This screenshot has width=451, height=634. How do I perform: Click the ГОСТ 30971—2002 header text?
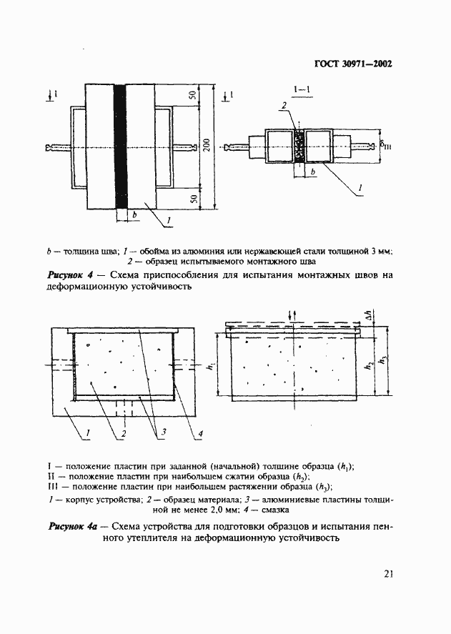(354, 63)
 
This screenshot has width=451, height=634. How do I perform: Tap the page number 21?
(387, 573)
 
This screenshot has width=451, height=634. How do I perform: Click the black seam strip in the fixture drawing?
(119, 147)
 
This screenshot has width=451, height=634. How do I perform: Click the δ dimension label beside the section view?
(386, 147)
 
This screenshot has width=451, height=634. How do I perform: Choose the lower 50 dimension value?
(193, 199)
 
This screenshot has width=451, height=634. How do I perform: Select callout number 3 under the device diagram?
(163, 432)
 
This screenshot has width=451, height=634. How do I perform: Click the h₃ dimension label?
(387, 360)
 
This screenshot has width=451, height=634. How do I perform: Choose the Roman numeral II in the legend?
(52, 477)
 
